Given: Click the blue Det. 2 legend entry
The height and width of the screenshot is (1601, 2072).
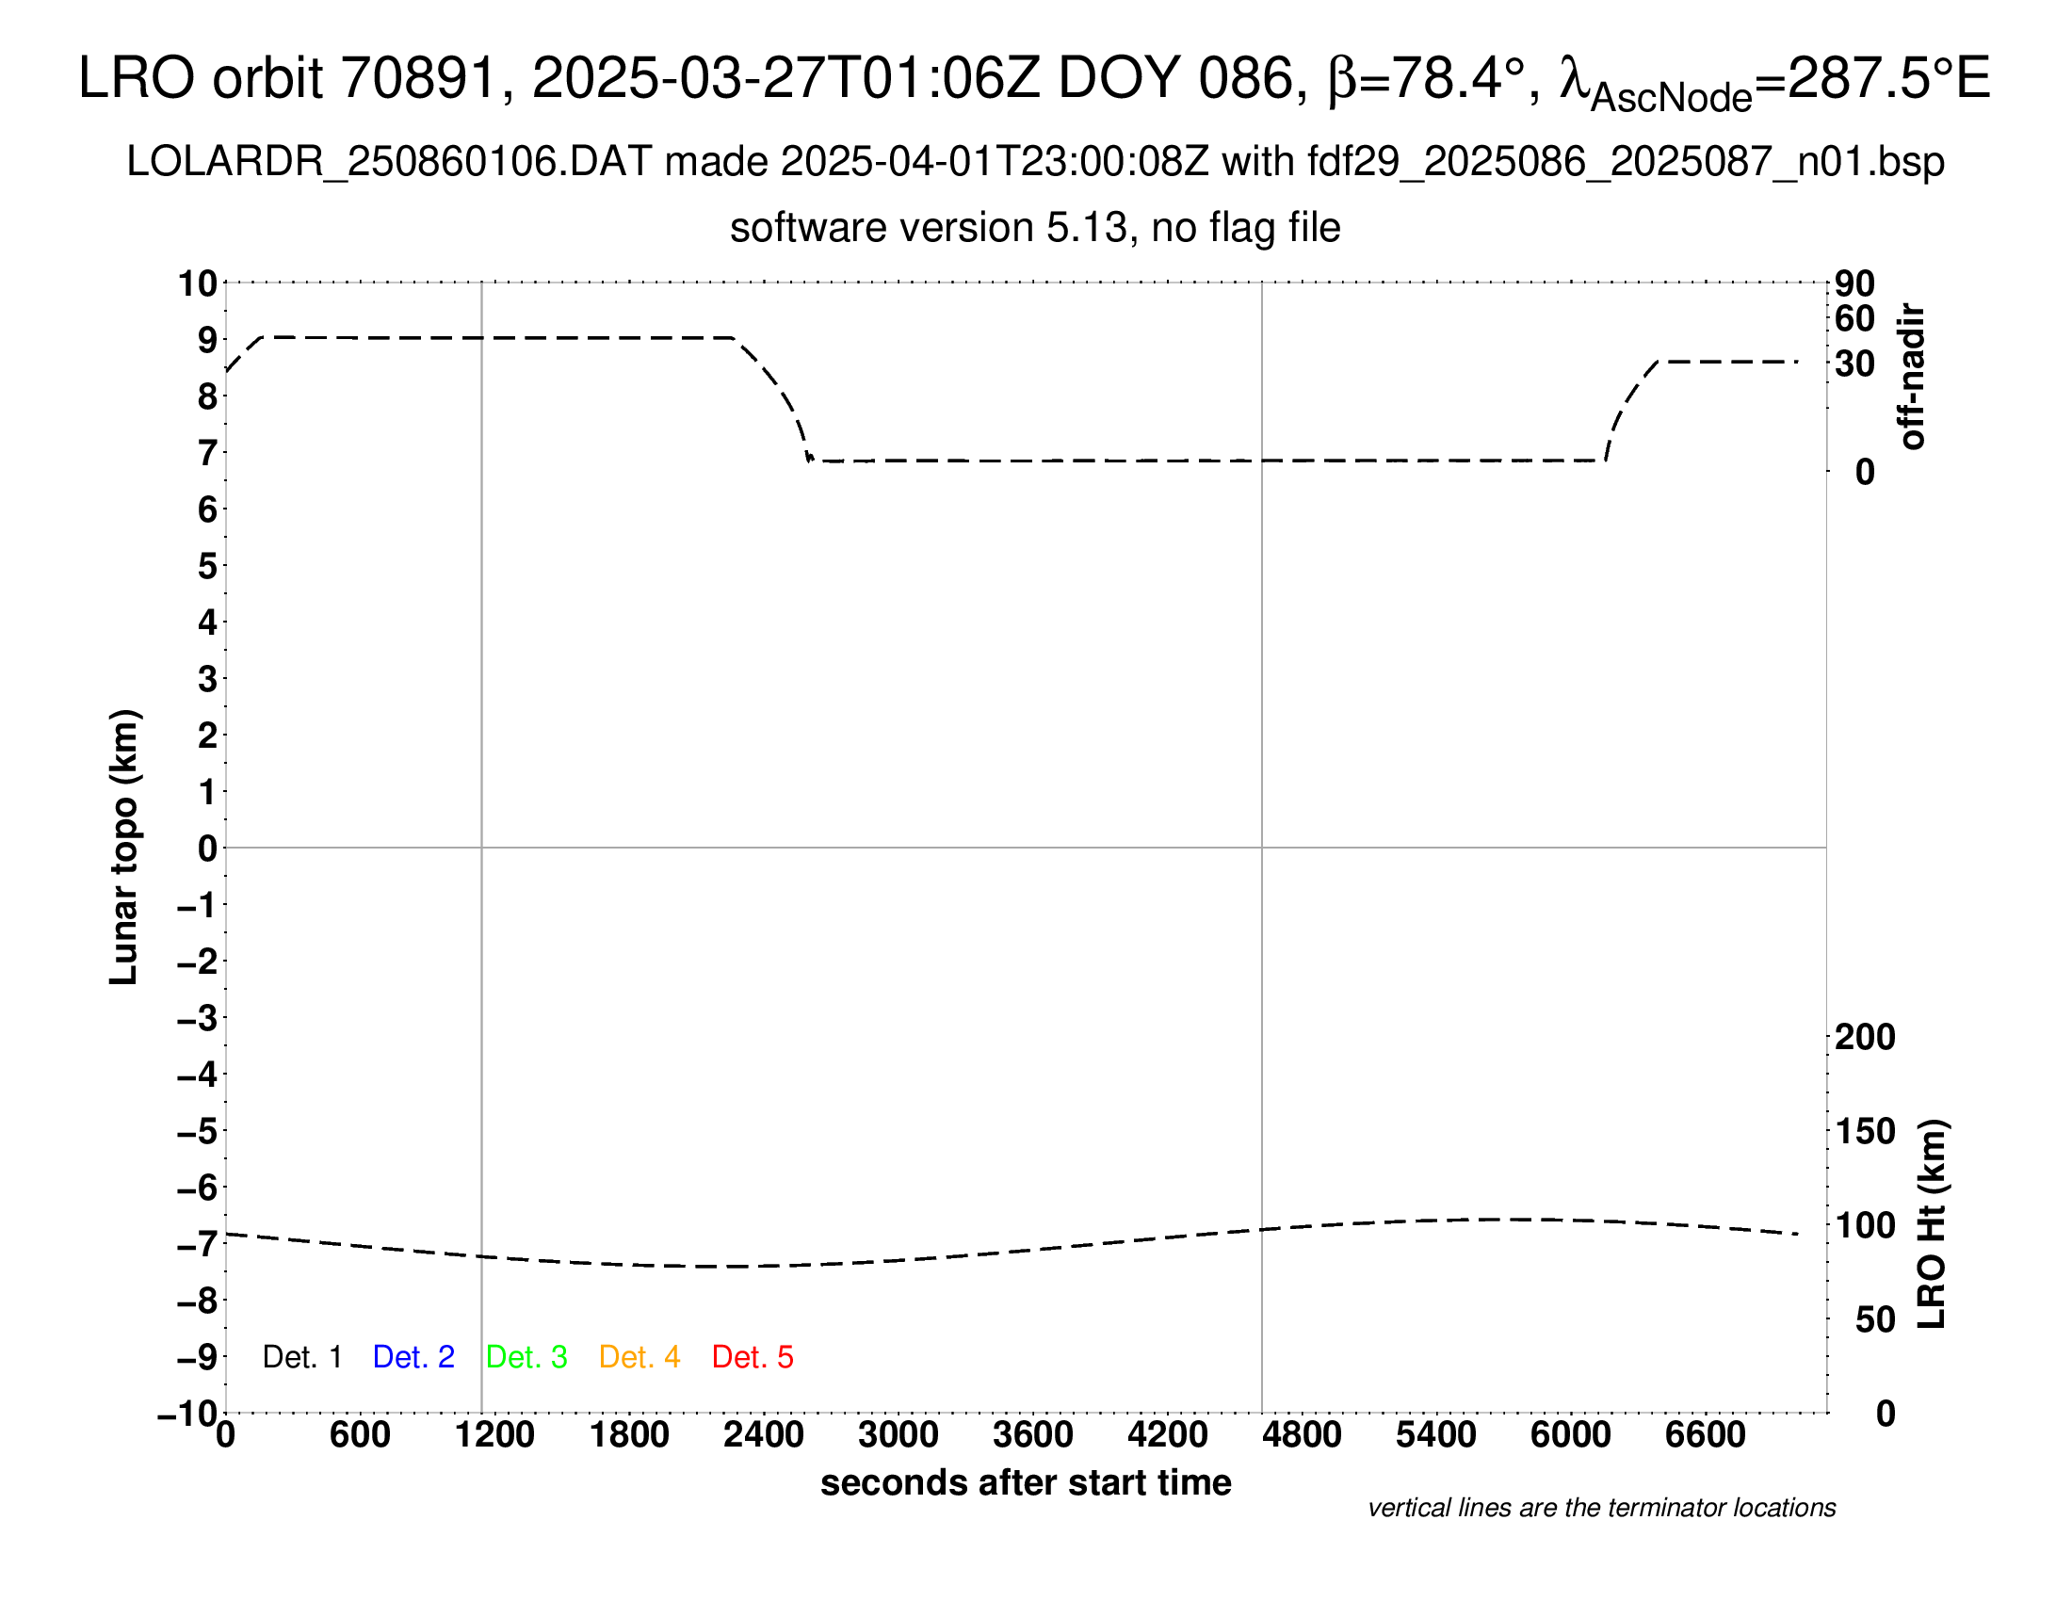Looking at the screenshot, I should pyautogui.click(x=413, y=1357).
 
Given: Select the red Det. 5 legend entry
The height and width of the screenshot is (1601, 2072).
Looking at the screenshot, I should pyautogui.click(x=753, y=1357).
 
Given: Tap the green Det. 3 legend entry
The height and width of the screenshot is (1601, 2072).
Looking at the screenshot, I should pyautogui.click(x=526, y=1357).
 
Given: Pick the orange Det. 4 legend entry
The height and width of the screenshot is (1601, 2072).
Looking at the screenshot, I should pyautogui.click(x=639, y=1357).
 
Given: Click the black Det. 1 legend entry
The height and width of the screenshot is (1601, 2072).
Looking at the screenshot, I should pyautogui.click(x=301, y=1357).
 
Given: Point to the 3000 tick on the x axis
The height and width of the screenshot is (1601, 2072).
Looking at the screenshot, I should pyautogui.click(x=898, y=1435).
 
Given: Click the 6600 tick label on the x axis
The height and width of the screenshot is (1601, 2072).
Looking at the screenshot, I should pyautogui.click(x=1705, y=1435).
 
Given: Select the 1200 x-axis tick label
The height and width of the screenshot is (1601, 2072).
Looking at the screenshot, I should pyautogui.click(x=494, y=1435).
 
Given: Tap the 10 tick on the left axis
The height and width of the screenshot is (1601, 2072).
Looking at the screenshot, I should pyautogui.click(x=199, y=283).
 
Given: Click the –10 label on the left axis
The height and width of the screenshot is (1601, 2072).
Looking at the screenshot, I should pyautogui.click(x=187, y=1415).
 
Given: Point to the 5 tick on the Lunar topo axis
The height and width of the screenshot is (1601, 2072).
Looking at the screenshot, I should pyautogui.click(x=208, y=566).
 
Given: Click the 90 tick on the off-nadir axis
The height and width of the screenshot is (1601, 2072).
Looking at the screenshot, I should pyautogui.click(x=1854, y=283).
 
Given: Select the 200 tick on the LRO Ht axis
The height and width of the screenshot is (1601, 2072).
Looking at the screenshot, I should pyautogui.click(x=1865, y=1037).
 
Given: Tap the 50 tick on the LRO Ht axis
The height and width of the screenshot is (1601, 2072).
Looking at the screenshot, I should pyautogui.click(x=1875, y=1319).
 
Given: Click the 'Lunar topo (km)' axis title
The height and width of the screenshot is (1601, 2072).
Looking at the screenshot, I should pyautogui.click(x=124, y=847).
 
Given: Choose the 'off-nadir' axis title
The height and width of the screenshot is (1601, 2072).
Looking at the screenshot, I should pyautogui.click(x=1912, y=377).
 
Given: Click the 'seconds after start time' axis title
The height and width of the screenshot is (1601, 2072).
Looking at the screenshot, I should pyautogui.click(x=1026, y=1482).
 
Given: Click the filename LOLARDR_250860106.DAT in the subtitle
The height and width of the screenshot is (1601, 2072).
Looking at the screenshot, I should pyautogui.click(x=388, y=162).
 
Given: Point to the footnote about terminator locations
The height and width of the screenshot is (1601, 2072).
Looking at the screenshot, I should pyautogui.click(x=1601, y=1508).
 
